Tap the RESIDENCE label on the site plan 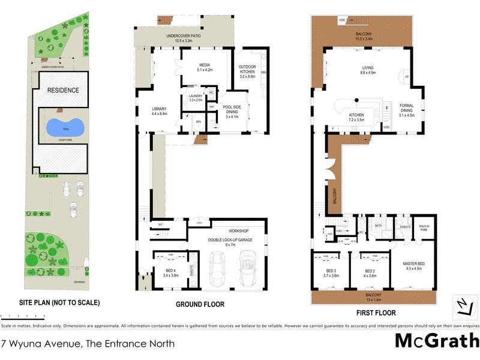(63, 90)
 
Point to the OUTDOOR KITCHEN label (247, 70)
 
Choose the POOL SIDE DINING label (232, 112)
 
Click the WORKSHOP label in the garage (238, 231)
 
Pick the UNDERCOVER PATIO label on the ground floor (184, 37)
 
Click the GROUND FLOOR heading (200, 305)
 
